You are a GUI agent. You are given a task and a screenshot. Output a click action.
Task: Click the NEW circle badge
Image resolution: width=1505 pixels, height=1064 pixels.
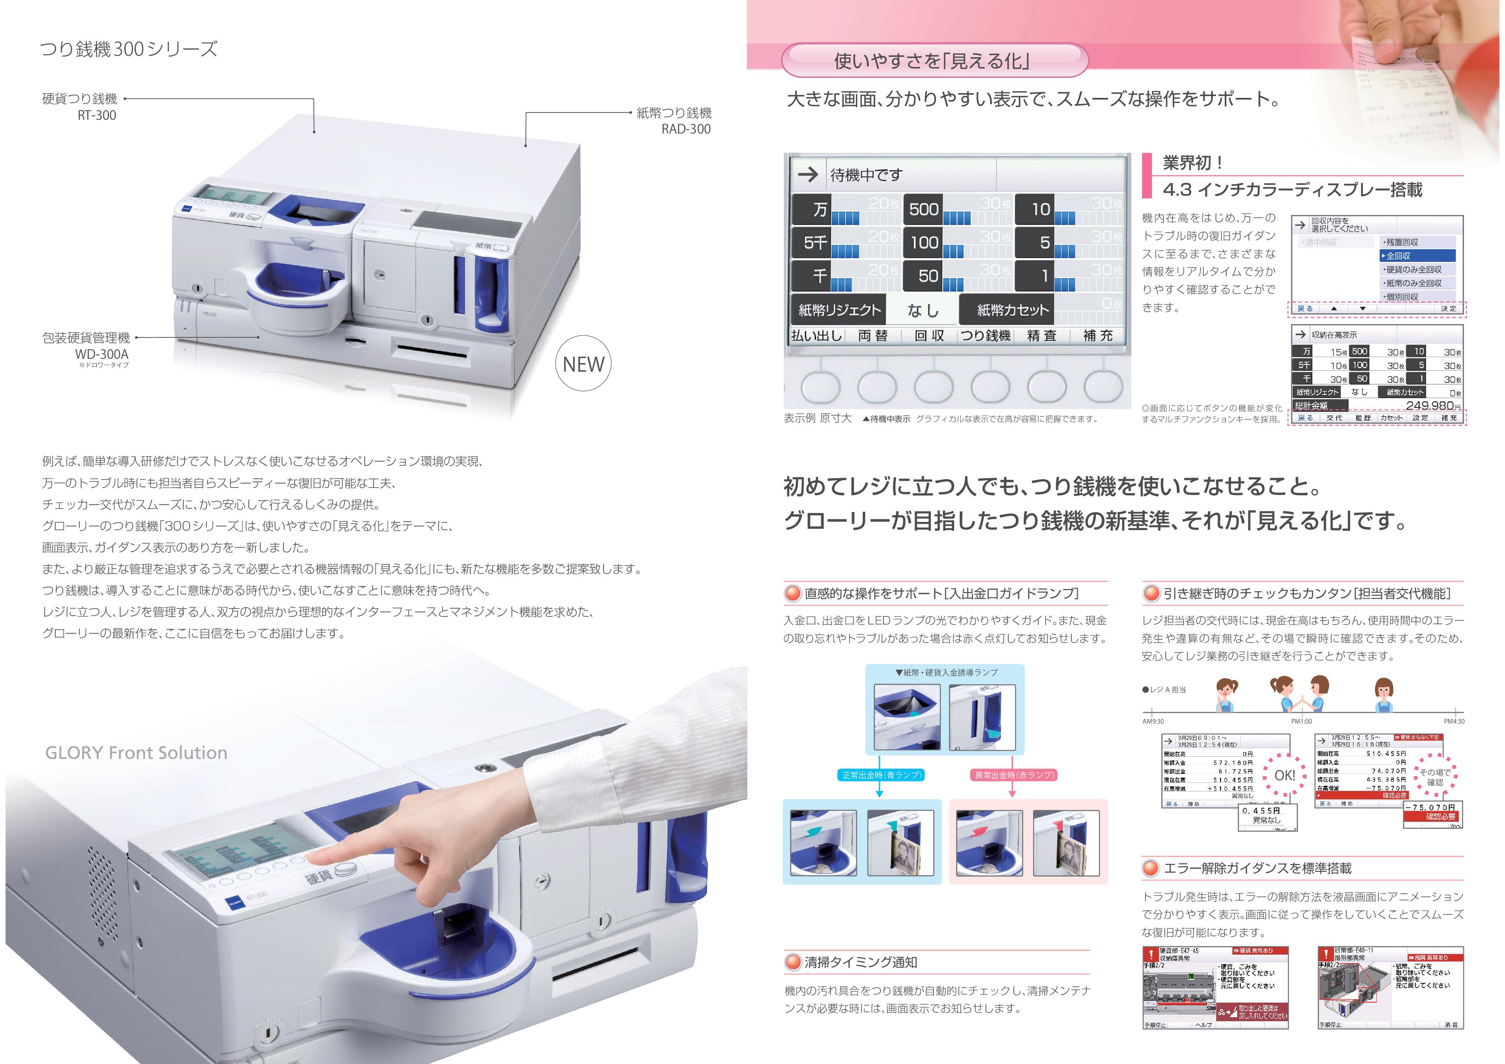[x=583, y=364]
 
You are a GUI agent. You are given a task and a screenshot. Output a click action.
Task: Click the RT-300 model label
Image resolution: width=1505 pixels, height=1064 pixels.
[x=97, y=115]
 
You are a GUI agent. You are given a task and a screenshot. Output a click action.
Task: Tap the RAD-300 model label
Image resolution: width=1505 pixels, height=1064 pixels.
[x=686, y=129]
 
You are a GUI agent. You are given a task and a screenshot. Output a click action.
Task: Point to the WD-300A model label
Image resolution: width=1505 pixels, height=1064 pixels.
[x=102, y=354]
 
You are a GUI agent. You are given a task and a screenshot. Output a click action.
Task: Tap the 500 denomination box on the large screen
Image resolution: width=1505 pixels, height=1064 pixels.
[x=924, y=209]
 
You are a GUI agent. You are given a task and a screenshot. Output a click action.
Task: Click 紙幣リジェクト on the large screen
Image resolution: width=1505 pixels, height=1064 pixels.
[x=839, y=310]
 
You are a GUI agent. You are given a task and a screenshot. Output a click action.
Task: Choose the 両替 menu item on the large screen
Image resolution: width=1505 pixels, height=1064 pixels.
[x=873, y=336]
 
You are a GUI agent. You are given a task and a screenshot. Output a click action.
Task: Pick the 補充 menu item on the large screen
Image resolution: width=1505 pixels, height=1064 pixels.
[x=1098, y=336]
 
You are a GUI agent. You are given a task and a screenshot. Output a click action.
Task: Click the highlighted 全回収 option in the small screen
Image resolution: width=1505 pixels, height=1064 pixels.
[x=1417, y=256]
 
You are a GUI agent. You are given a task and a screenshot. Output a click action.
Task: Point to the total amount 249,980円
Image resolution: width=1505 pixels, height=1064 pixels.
[x=1429, y=406]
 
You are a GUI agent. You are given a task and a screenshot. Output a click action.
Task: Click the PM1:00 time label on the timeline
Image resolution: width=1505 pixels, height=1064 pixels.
[x=1301, y=721]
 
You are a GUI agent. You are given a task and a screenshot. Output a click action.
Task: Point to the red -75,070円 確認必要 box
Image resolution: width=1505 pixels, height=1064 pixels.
[x=1432, y=812]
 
